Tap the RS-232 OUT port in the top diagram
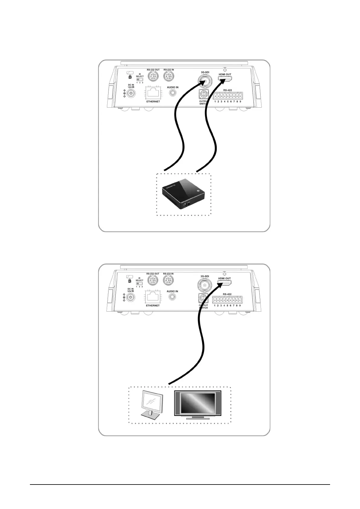(153, 76)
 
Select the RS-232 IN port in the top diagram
(169, 76)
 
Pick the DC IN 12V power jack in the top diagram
(131, 94)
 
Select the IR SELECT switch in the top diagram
(140, 79)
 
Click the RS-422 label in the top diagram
(228, 90)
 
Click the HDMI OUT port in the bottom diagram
(225, 284)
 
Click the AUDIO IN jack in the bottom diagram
(172, 297)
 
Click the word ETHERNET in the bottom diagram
(153, 306)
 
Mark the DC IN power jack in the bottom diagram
(131, 298)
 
